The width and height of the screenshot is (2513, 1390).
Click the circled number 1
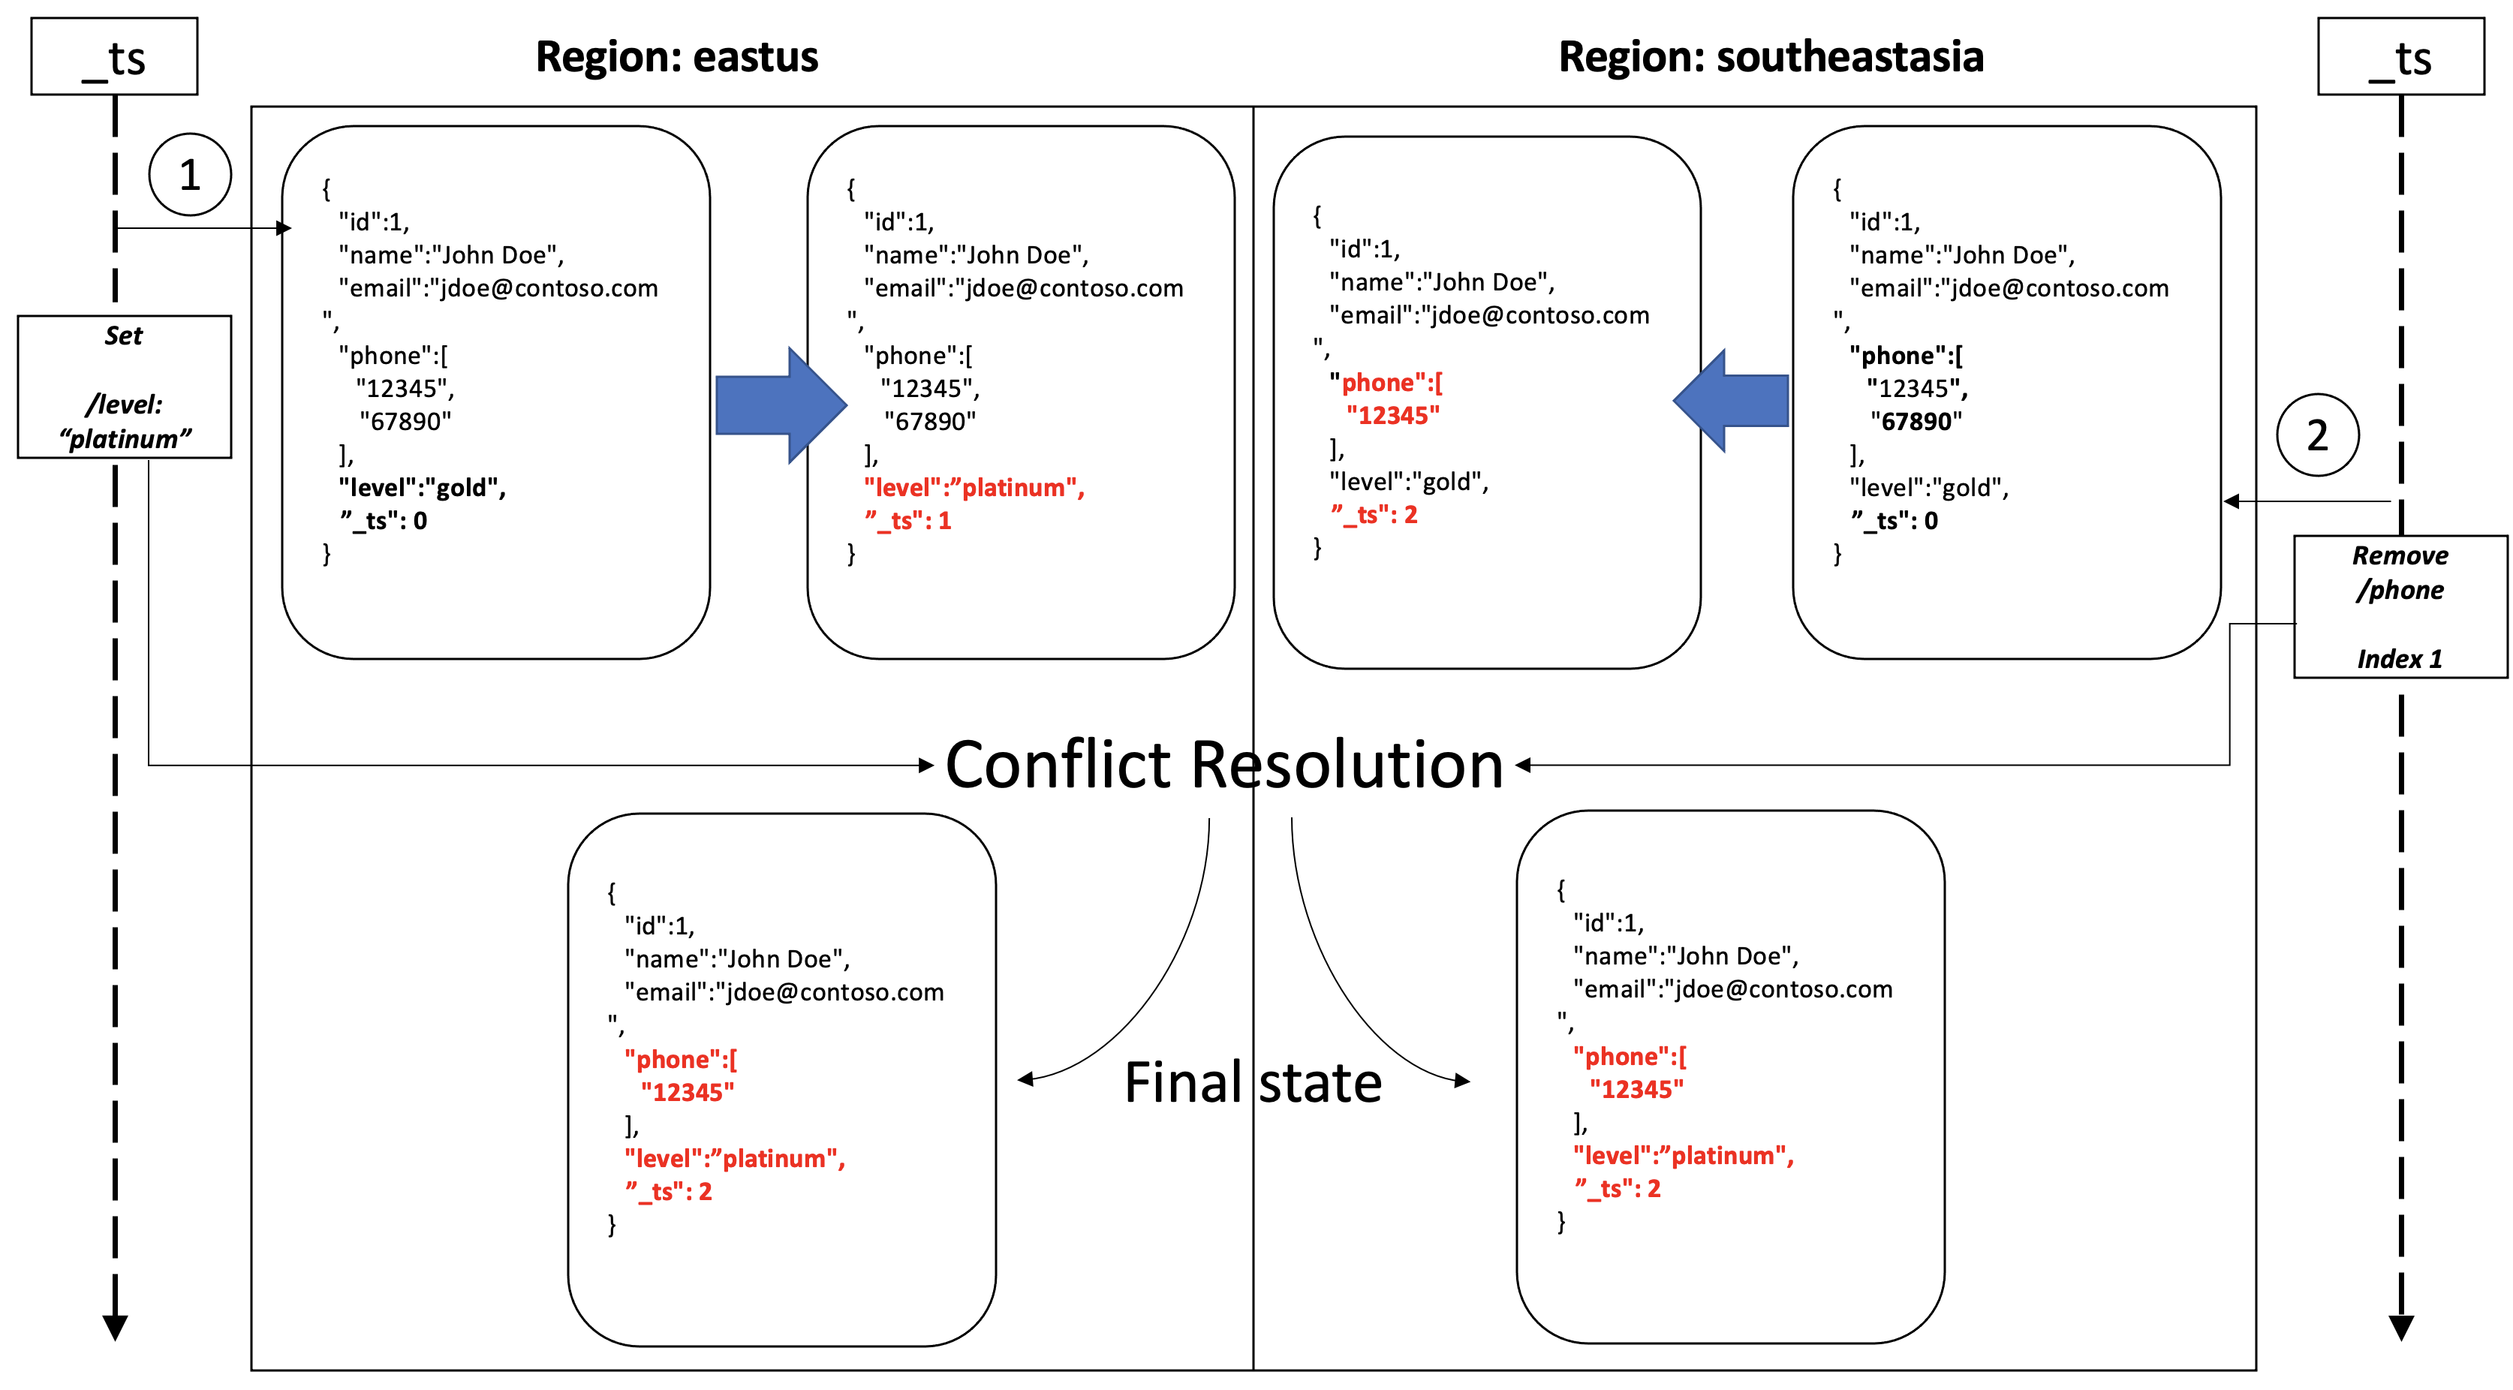190,175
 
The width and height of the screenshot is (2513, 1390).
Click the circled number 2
2317,435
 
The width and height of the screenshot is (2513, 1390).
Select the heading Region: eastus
677,56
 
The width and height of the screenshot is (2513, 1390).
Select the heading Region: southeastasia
1771,56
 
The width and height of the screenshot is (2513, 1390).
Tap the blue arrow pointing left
1732,401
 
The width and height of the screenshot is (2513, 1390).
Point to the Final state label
1253,1083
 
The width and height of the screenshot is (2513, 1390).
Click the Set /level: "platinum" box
125,387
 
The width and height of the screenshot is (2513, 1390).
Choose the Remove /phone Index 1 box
2400,606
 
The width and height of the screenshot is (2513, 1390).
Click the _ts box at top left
114,56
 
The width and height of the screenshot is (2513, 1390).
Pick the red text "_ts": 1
907,521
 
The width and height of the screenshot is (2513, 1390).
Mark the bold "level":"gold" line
421,488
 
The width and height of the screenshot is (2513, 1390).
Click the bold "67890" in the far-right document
1916,421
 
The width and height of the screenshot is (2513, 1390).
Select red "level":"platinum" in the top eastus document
974,488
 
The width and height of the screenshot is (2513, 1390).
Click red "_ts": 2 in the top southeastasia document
1374,515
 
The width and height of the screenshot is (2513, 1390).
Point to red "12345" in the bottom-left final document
688,1093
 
